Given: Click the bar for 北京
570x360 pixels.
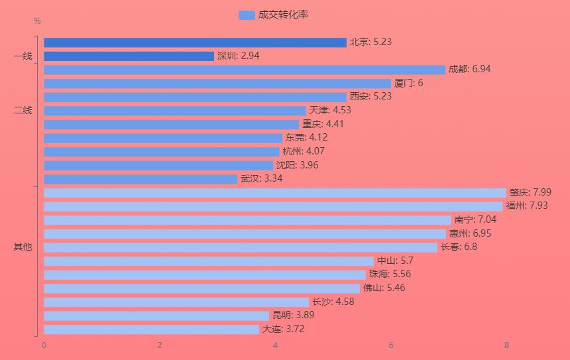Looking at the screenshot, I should coord(195,42).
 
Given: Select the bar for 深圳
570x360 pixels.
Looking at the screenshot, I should coord(129,56).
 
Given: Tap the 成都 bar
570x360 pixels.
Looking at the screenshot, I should coord(245,70).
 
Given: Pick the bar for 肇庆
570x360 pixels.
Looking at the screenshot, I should coord(275,193).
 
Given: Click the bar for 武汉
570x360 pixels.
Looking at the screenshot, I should coord(141,179).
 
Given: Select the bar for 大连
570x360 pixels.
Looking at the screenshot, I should coord(152,330).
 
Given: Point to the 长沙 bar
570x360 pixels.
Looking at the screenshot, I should coord(176,302).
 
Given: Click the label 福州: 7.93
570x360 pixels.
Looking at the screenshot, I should coord(526,206).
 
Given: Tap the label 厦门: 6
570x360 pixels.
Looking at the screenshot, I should coord(408,84).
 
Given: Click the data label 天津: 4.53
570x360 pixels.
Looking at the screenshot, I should coord(330,111).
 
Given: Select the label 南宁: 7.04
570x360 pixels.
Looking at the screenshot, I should coord(475,220).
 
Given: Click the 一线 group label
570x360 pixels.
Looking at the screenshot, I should coord(23,56).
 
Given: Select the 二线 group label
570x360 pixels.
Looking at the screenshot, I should coord(23,111).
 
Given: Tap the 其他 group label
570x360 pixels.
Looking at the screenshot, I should coord(23,247).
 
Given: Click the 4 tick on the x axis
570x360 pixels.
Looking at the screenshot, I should coord(275,345).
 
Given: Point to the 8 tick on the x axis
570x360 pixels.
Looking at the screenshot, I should coord(506,345).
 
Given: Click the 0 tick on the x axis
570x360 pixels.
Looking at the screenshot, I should coord(44,345).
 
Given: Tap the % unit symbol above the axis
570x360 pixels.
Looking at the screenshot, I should coord(37,21).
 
